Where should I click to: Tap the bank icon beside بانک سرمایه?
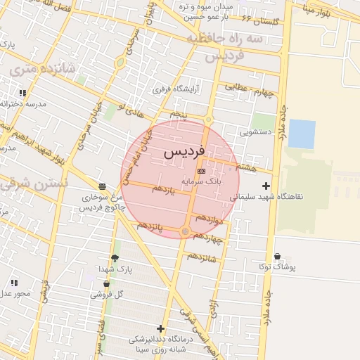201,171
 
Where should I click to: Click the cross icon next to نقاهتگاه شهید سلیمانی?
265,186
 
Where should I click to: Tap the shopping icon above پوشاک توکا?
278,257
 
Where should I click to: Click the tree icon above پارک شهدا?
115,258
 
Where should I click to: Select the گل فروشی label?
107,295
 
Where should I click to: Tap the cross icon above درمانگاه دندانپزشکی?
160,328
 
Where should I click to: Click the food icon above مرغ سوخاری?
103,186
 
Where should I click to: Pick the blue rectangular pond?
302,134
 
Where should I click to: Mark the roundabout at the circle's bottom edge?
185,231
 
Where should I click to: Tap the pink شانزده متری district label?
32,69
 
